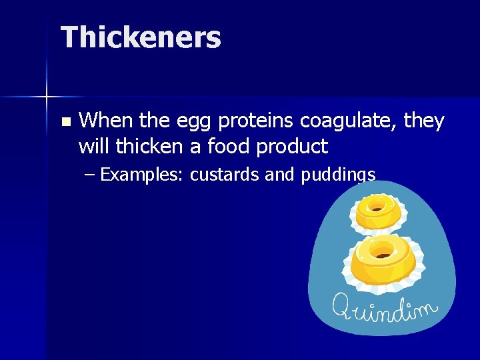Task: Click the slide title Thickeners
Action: pos(141,37)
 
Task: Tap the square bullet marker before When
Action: pos(65,122)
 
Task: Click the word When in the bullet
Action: pos(104,121)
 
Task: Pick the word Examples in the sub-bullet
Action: pos(141,175)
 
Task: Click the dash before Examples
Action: pos(90,175)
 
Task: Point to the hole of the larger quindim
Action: pos(383,250)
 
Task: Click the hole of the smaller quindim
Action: pos(377,207)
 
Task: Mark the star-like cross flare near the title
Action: pos(47,97)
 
